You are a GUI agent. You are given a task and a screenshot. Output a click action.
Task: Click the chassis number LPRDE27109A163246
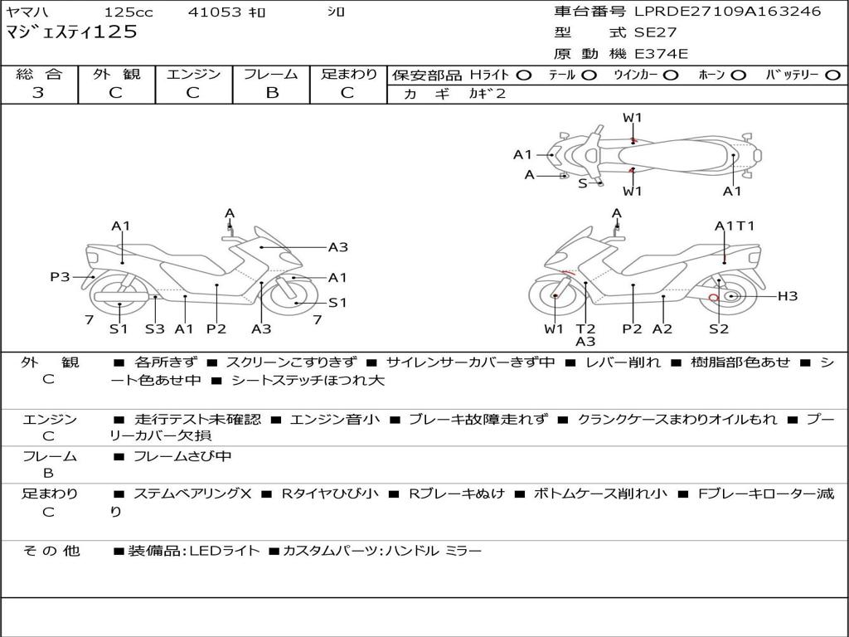(x=727, y=12)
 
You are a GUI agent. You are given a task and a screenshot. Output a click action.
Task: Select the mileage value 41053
(x=215, y=12)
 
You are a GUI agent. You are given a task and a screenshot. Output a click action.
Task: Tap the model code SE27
(x=655, y=33)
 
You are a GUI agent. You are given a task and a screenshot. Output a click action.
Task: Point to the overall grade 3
(x=38, y=93)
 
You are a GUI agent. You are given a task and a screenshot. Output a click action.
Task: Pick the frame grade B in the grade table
(x=271, y=93)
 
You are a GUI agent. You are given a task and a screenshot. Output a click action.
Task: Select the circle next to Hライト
(x=523, y=75)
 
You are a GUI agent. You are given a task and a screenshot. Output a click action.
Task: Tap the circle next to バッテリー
(x=832, y=75)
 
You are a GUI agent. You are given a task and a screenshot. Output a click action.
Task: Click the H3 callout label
(x=787, y=296)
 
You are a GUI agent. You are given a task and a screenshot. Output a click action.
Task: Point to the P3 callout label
(x=60, y=277)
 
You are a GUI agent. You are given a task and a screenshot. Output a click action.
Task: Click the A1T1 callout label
(x=735, y=226)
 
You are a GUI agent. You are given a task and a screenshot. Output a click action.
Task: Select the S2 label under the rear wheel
(x=718, y=328)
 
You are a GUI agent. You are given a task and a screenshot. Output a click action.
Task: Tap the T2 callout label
(x=585, y=328)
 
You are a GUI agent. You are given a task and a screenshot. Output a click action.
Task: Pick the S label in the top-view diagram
(x=582, y=182)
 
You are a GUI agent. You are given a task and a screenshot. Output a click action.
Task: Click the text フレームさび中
(x=182, y=456)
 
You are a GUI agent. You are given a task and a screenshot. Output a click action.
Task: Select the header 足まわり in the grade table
(x=348, y=75)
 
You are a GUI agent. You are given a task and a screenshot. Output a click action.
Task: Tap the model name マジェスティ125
(x=71, y=33)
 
